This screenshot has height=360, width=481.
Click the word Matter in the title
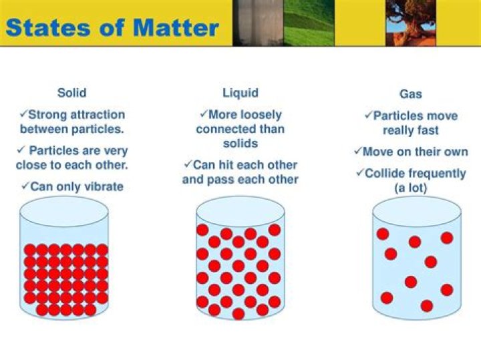[177, 27]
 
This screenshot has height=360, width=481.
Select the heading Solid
[71, 93]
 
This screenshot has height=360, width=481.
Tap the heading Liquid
[240, 93]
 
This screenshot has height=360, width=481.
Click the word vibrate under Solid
[100, 186]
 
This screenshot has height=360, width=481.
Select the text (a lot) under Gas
[410, 188]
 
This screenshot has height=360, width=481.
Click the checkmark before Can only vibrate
[25, 186]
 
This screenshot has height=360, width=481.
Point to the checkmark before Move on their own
[357, 152]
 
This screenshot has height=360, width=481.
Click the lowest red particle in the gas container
[426, 306]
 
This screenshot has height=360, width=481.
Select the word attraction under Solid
[98, 114]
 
